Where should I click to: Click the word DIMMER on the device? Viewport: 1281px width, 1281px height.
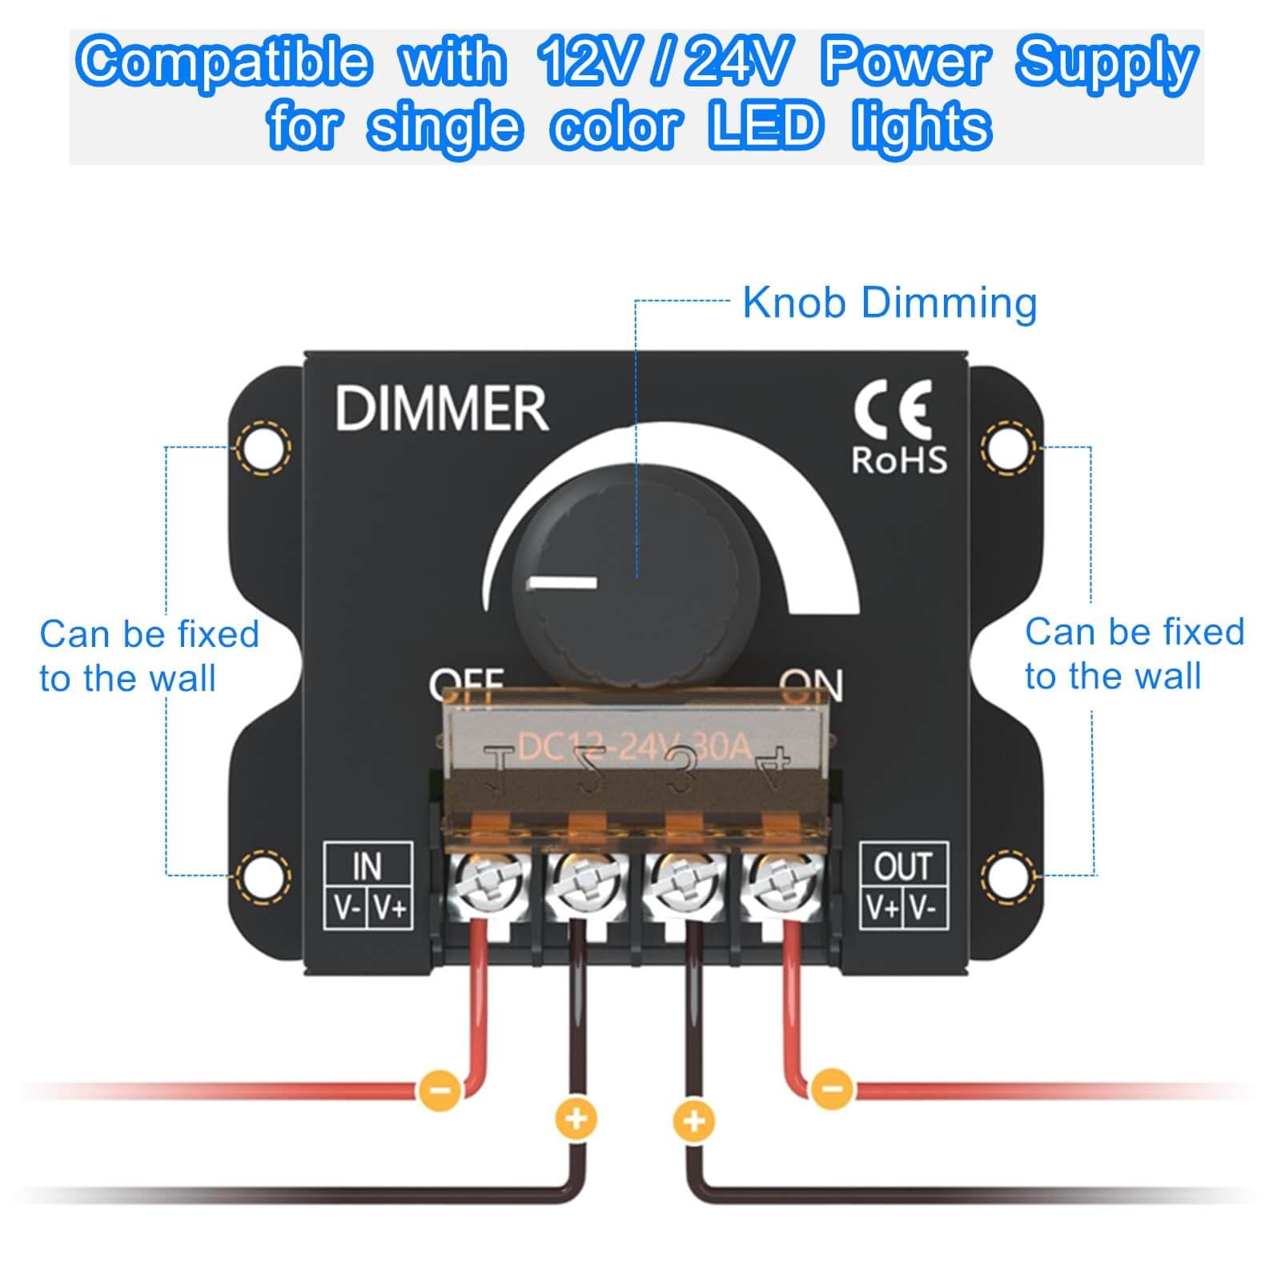(441, 408)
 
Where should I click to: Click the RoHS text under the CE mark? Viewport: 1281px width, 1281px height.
(898, 460)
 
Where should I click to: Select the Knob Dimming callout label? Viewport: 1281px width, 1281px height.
(889, 303)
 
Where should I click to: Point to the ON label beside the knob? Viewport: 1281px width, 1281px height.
(812, 685)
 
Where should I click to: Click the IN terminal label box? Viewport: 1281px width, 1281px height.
(368, 885)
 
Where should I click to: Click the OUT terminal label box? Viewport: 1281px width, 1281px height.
(904, 885)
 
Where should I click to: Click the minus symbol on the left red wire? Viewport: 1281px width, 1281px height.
(439, 1089)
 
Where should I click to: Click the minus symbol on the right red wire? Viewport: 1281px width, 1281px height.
(832, 1089)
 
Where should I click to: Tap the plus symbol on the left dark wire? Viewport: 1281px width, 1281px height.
(576, 1118)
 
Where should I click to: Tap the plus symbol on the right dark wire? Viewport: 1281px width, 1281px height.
(693, 1120)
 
